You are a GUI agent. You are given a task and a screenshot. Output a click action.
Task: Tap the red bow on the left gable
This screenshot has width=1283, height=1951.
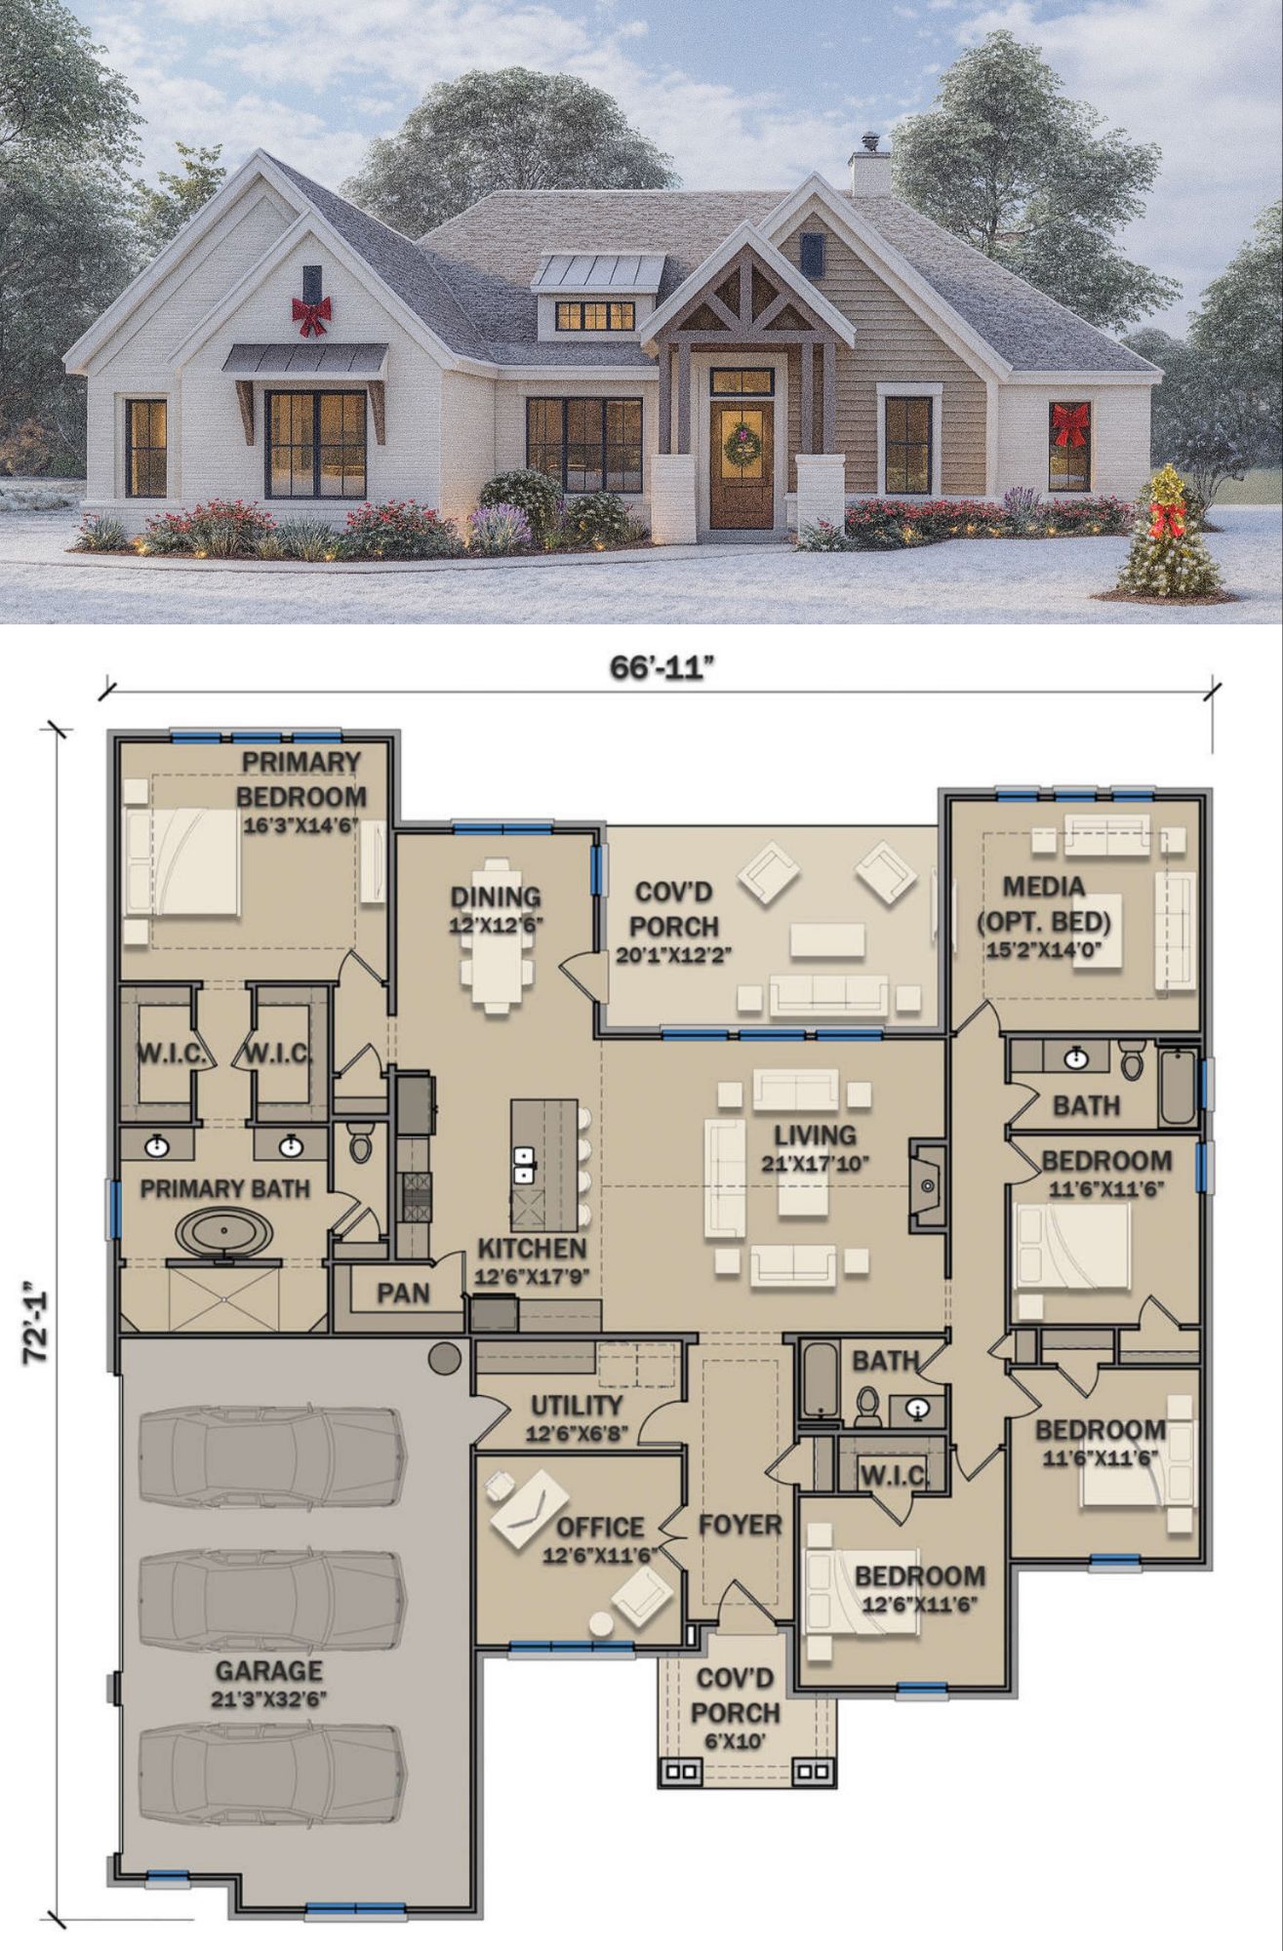point(311,315)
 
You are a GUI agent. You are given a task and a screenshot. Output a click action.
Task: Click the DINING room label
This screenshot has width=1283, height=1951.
point(495,897)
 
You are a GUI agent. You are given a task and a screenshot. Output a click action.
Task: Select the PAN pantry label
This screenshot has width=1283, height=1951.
point(403,1293)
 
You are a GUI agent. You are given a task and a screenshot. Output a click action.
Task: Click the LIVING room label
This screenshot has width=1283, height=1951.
point(815,1135)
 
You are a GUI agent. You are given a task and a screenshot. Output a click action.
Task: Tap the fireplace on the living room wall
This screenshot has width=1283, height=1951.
point(927,1185)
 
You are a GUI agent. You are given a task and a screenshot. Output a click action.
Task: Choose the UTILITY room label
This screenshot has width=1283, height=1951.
point(576,1406)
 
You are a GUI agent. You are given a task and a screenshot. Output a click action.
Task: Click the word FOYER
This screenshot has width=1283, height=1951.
point(740,1525)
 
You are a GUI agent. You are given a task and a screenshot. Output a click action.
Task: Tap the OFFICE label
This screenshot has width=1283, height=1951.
point(600,1527)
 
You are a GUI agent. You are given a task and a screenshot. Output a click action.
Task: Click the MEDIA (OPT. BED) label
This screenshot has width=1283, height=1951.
point(1044,903)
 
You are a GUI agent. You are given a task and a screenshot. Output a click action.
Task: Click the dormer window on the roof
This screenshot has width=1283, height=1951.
point(595,315)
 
